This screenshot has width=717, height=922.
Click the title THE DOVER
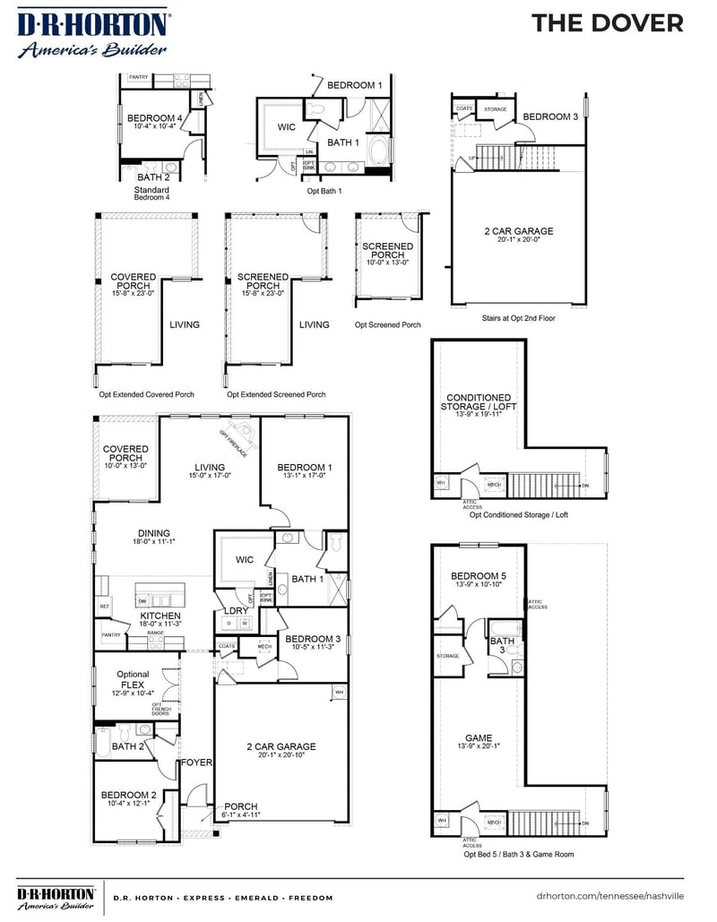(x=607, y=23)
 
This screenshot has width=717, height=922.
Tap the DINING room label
(x=129, y=533)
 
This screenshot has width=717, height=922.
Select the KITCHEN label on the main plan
(x=160, y=616)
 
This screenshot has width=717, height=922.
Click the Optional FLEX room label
(x=133, y=680)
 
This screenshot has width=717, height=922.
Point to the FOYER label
(x=196, y=763)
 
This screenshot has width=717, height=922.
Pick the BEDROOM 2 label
(x=129, y=795)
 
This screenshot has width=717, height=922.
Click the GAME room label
(x=479, y=738)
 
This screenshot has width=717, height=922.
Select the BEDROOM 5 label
(x=478, y=576)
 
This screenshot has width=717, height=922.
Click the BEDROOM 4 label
(x=155, y=118)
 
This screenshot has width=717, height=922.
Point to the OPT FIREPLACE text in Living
(x=235, y=441)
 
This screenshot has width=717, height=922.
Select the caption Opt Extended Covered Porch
(x=146, y=394)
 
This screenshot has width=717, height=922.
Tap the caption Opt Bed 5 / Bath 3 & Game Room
(x=518, y=854)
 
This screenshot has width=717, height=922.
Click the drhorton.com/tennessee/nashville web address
(x=609, y=896)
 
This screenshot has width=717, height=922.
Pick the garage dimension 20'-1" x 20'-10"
(x=281, y=755)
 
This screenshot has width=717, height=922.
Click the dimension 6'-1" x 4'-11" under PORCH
(x=241, y=815)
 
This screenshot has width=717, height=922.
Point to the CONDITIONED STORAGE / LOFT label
(x=479, y=402)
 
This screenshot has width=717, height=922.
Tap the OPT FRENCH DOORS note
(x=161, y=709)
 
